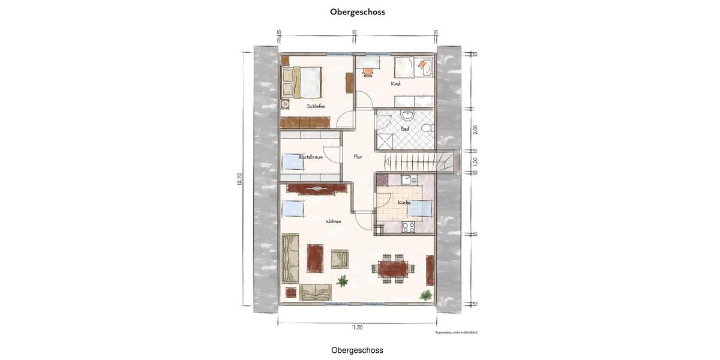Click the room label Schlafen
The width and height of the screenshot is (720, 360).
tap(316, 106)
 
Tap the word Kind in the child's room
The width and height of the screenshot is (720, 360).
tap(395, 84)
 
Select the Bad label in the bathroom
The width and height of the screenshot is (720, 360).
tap(405, 128)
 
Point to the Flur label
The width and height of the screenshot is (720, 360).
tap(358, 157)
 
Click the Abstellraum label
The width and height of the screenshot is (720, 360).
tap(311, 157)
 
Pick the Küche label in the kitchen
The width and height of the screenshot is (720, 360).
tap(404, 203)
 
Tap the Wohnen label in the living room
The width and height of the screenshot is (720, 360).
tap(333, 221)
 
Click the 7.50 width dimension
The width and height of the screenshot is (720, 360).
tap(357, 328)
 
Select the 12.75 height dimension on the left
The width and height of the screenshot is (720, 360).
tap(240, 179)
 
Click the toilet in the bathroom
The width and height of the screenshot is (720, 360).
tap(426, 128)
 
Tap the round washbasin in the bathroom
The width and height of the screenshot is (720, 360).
tap(407, 115)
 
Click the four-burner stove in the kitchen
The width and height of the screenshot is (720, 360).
tap(408, 227)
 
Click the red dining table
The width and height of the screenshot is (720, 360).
tap(393, 268)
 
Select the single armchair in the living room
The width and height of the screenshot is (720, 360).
tap(340, 259)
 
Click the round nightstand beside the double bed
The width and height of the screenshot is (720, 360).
tap(285, 103)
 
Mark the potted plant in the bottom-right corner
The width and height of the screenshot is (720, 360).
tap(426, 295)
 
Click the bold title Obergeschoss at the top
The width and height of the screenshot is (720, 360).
tap(357, 12)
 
